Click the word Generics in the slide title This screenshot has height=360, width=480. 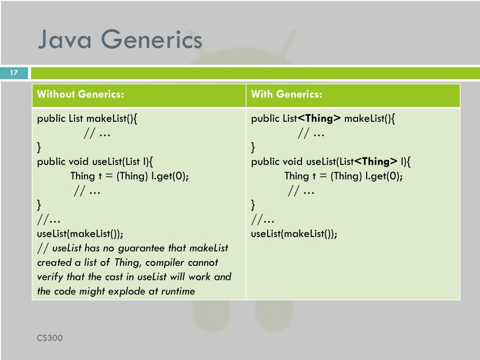pos(151,40)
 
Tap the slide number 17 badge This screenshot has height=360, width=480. pos(14,73)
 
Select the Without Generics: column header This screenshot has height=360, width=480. pos(81,95)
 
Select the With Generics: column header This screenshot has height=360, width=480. pos(286,95)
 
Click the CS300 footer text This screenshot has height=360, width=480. pos(50,338)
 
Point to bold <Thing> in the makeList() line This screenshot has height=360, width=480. pos(320,119)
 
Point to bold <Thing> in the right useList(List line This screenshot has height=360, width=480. pos(375,162)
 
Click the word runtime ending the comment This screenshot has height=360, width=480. pos(178,291)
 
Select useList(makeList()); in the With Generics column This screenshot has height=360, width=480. pos(294,233)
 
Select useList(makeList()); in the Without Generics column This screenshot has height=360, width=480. pos(80,233)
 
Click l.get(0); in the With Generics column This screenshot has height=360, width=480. pos(384,176)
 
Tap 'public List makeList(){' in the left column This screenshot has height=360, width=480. pos(87,119)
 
